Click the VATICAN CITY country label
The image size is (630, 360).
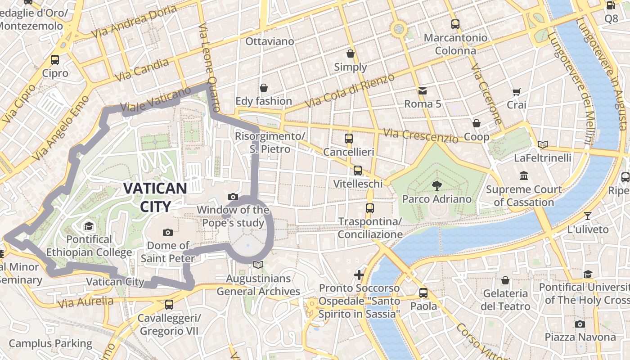[155, 197]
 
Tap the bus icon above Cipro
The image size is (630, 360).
[55, 59]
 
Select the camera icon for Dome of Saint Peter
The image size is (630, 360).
[168, 232]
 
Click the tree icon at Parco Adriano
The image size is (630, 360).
[436, 184]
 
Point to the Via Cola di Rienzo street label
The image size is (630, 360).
[350, 90]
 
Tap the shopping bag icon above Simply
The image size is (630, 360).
[351, 54]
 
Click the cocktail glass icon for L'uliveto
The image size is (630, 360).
[588, 216]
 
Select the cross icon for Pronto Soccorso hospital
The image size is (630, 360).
[359, 274]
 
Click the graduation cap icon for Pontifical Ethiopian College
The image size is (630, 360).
[89, 226]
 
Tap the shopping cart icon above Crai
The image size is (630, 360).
[516, 92]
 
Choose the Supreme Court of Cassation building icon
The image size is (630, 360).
[524, 176]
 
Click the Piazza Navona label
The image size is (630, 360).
[580, 337]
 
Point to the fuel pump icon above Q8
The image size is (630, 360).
[611, 6]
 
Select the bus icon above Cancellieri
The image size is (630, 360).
[349, 139]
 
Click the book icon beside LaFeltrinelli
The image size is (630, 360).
[543, 144]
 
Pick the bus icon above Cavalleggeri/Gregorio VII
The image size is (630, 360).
[169, 305]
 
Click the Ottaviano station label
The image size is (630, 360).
[270, 41]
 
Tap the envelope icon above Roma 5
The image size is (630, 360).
[423, 91]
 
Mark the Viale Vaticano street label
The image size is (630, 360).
[156, 100]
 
